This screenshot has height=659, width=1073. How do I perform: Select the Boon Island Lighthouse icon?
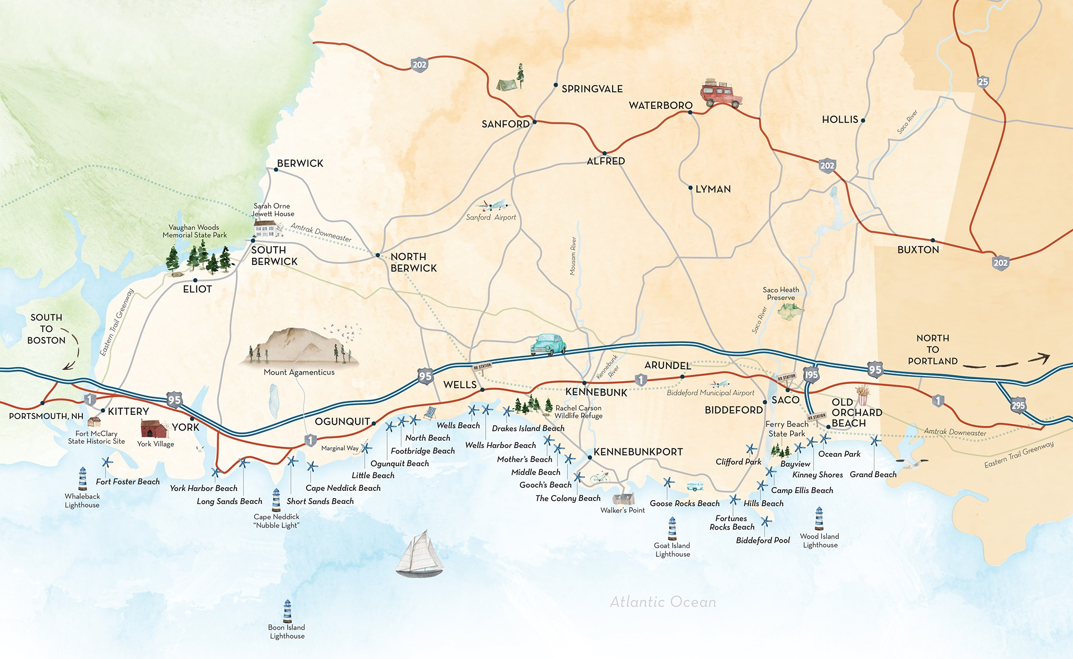pyautogui.click(x=287, y=611)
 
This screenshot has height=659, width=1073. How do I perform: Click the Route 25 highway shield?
pyautogui.click(x=983, y=82)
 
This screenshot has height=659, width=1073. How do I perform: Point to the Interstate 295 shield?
pyautogui.click(x=1018, y=405)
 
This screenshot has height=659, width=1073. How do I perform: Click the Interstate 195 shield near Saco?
pyautogui.click(x=811, y=375)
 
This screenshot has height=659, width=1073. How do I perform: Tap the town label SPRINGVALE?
pyautogui.click(x=592, y=89)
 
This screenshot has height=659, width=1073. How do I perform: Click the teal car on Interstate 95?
pyautogui.click(x=548, y=345)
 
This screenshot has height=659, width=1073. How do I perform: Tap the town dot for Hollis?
pyautogui.click(x=863, y=120)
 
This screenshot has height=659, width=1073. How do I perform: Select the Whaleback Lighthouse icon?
pyautogui.click(x=82, y=479)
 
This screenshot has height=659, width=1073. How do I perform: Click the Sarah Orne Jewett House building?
pyautogui.click(x=266, y=228)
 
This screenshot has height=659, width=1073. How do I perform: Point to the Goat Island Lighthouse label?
pyautogui.click(x=672, y=550)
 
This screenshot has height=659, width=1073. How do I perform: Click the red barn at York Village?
pyautogui.click(x=154, y=429)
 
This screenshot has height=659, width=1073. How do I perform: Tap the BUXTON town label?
pyautogui.click(x=918, y=250)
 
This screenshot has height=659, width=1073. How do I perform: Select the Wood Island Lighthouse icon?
pyautogui.click(x=819, y=519)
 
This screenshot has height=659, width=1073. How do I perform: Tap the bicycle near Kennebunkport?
pyautogui.click(x=600, y=477)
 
